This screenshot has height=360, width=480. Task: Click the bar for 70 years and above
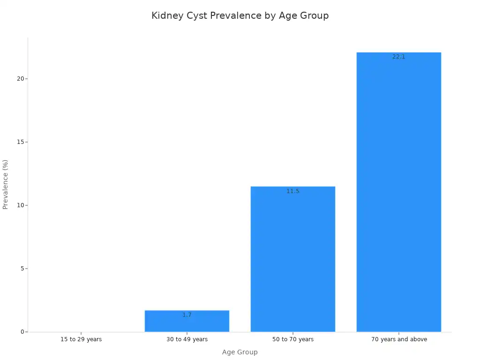point(398,192)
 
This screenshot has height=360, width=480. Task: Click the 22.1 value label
point(398,57)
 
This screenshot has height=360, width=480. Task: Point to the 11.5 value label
point(293,191)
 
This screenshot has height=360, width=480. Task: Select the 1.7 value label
point(187,315)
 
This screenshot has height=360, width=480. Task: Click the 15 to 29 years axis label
point(81,339)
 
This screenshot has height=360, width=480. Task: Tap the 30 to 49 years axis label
point(187,339)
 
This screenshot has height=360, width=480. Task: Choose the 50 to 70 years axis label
point(293,339)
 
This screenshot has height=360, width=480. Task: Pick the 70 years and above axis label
point(399,339)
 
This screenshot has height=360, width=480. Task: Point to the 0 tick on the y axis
point(21,332)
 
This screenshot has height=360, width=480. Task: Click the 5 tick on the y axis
point(21,269)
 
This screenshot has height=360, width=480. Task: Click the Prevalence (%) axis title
point(6,184)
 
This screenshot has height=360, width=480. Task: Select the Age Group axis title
point(240,352)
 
